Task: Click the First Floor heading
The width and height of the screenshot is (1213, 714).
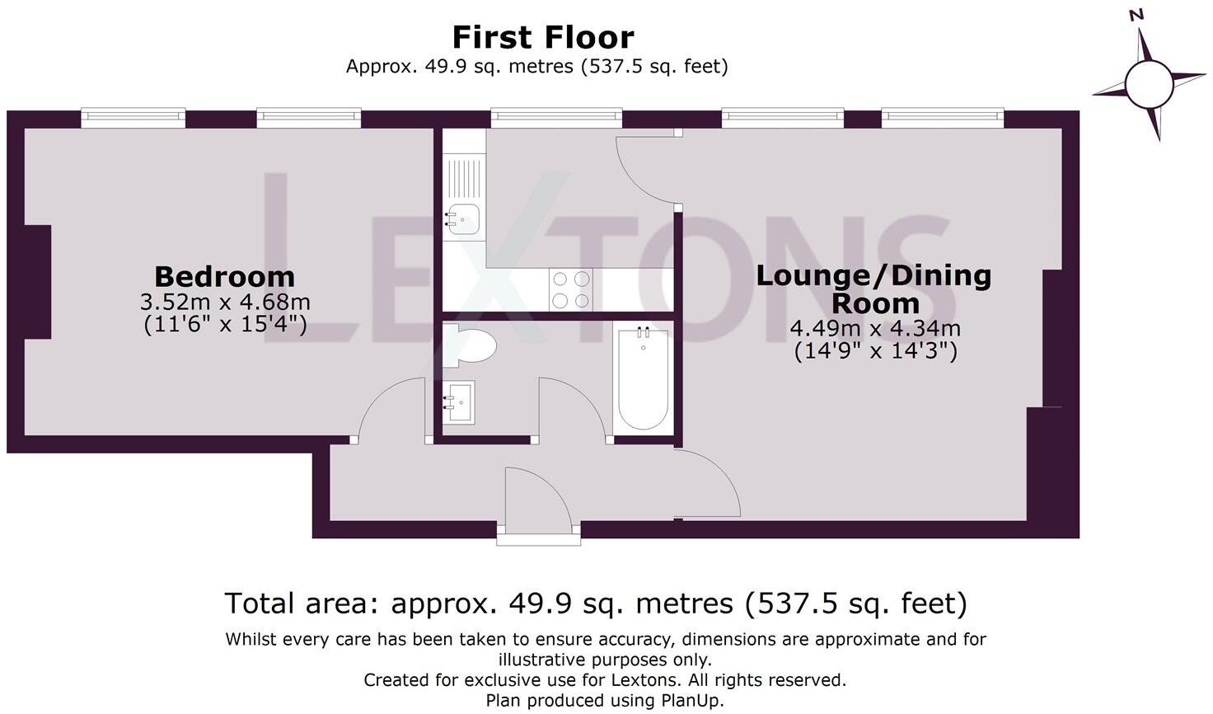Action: point(543,37)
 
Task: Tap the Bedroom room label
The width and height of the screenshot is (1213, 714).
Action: point(224,276)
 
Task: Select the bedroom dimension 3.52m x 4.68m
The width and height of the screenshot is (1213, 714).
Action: point(225,302)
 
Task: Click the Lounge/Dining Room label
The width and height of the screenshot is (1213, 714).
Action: point(873,289)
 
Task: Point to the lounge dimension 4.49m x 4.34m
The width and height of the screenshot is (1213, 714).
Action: point(875,328)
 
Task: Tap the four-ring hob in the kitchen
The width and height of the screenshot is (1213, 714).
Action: point(570,289)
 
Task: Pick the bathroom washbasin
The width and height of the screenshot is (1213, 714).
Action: point(460,402)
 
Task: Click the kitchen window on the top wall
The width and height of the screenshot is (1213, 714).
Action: point(556,118)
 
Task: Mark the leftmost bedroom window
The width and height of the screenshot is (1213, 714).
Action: point(133,118)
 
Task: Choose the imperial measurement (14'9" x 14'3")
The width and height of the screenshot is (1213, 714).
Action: point(875,351)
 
